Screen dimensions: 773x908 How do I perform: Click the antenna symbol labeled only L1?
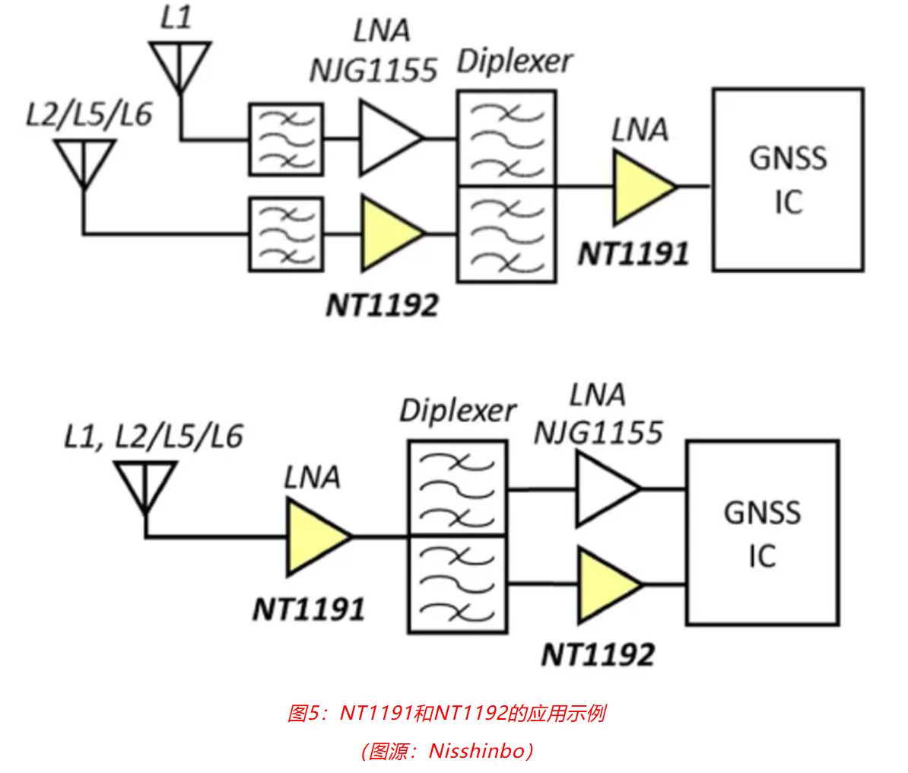coord(179,65)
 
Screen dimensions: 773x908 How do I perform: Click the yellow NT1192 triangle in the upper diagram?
coord(388,233)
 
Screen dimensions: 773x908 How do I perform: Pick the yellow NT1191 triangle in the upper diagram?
coord(641,186)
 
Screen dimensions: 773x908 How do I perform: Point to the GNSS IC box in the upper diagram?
coord(788,180)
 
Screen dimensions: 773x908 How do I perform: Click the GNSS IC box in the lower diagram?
coord(762,534)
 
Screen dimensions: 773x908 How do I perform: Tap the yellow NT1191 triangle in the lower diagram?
coord(315,537)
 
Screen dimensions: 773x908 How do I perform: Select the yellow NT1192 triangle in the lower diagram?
coord(605,584)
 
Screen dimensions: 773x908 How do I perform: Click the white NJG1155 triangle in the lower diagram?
coord(605,489)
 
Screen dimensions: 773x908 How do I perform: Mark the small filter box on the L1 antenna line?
coord(286,138)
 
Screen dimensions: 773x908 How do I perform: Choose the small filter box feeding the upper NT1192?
coord(286,233)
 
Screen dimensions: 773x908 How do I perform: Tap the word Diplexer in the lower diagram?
coord(457,412)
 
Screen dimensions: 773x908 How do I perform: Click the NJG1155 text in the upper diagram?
coord(373,70)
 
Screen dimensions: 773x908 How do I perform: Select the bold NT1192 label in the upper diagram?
coord(382,305)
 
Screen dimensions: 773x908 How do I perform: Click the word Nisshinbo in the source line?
coord(478,751)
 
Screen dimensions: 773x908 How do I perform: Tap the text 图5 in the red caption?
coord(304,714)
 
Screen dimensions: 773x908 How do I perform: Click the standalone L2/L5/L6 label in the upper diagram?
coord(89,114)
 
